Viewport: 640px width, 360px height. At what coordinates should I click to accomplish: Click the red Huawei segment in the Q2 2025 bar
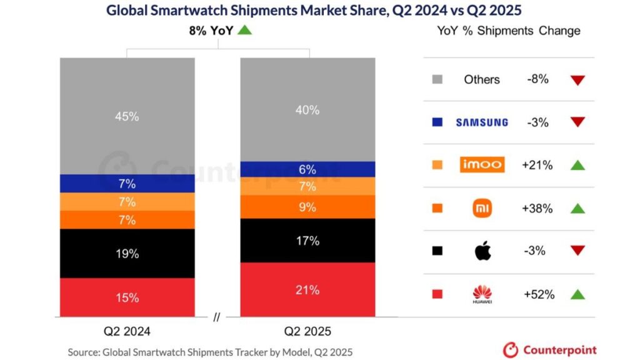coord(308,289)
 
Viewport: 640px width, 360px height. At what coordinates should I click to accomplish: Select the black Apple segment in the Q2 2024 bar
coord(127,253)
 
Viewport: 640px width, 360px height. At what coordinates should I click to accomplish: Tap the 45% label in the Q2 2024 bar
coord(127,116)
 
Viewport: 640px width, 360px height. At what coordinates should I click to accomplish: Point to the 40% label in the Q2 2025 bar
coord(308,110)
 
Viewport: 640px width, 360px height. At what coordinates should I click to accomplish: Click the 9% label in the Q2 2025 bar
coord(308,207)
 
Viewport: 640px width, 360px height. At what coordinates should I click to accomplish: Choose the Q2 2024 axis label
coord(128,331)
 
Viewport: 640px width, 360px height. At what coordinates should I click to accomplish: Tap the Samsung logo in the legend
coord(482,122)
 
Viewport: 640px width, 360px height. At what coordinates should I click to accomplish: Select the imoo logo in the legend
coord(482,165)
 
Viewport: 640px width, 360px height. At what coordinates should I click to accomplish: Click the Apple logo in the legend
coord(482,251)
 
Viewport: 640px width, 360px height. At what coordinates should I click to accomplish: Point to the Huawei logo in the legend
coord(482,294)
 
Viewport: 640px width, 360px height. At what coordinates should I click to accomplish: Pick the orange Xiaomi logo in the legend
coord(482,208)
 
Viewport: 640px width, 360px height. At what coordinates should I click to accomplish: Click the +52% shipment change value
coord(537,294)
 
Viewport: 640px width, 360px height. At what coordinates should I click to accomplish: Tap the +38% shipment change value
coord(537,208)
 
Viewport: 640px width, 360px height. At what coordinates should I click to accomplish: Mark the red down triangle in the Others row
coord(577,80)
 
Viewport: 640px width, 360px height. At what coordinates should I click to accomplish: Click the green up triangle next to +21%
coord(577,165)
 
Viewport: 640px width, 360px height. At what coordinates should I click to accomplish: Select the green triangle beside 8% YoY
coord(245,29)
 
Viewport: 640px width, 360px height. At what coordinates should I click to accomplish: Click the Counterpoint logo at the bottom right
coord(550,350)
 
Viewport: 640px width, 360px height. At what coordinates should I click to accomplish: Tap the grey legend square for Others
coord(437,79)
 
